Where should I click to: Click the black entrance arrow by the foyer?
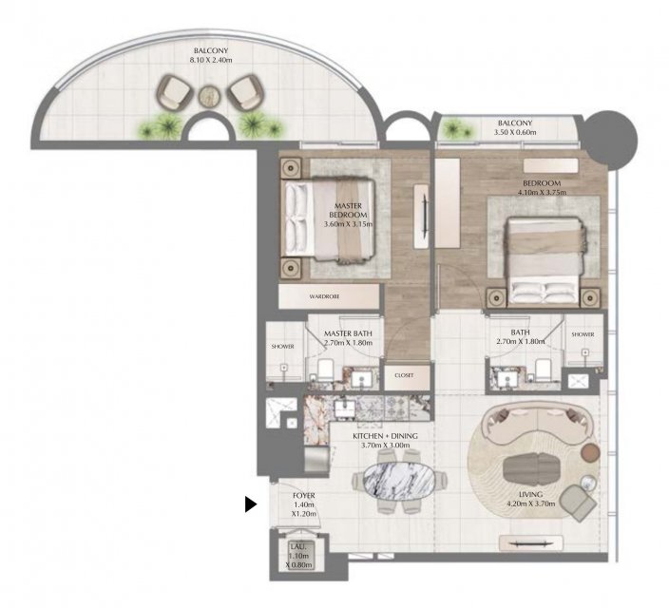click(x=251, y=503)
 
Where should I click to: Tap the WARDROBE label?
click(x=324, y=296)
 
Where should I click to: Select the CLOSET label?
click(x=404, y=375)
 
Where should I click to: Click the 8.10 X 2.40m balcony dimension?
click(x=211, y=60)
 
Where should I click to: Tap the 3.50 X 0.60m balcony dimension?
click(x=515, y=132)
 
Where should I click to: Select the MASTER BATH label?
click(x=348, y=333)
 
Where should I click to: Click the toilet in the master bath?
click(x=326, y=370)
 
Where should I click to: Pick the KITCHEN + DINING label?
click(x=385, y=436)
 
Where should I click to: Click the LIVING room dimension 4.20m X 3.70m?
click(x=531, y=503)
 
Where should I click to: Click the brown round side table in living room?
click(x=591, y=453)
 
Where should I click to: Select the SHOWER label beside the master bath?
click(x=282, y=347)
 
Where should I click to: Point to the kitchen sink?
click(x=345, y=408)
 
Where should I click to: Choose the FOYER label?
click(x=304, y=495)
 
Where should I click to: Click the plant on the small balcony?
click(x=456, y=128)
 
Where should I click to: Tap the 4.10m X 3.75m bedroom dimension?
click(x=542, y=193)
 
